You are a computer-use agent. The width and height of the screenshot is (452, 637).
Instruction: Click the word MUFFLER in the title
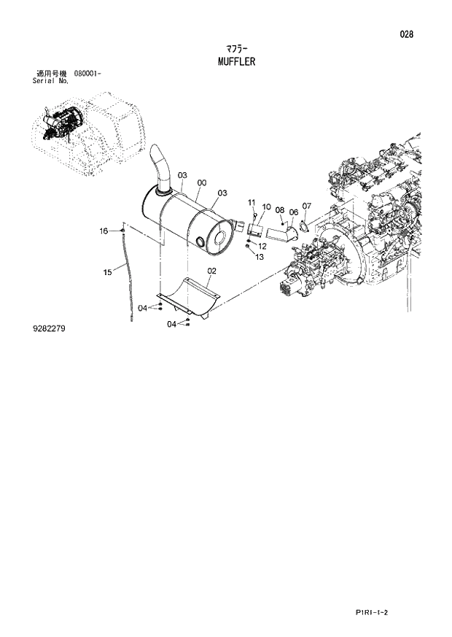tap(236, 61)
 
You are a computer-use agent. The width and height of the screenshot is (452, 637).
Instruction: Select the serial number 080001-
tap(87, 74)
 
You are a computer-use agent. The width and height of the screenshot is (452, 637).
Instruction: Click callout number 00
tap(200, 183)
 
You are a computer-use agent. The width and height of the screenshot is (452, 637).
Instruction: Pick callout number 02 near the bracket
tap(211, 271)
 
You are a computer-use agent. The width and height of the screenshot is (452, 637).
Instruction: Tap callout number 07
tap(306, 206)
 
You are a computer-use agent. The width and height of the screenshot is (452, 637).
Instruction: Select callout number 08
tap(279, 211)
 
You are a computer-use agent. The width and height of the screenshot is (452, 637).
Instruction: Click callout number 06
tap(292, 212)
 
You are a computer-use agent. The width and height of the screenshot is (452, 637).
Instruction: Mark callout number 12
tap(262, 247)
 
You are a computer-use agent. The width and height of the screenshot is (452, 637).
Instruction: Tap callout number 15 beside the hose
tap(107, 272)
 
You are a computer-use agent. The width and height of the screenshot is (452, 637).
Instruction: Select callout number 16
tap(104, 231)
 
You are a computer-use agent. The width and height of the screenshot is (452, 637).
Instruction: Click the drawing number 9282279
tap(50, 329)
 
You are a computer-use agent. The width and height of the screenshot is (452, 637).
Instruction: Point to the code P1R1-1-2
tap(371, 613)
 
